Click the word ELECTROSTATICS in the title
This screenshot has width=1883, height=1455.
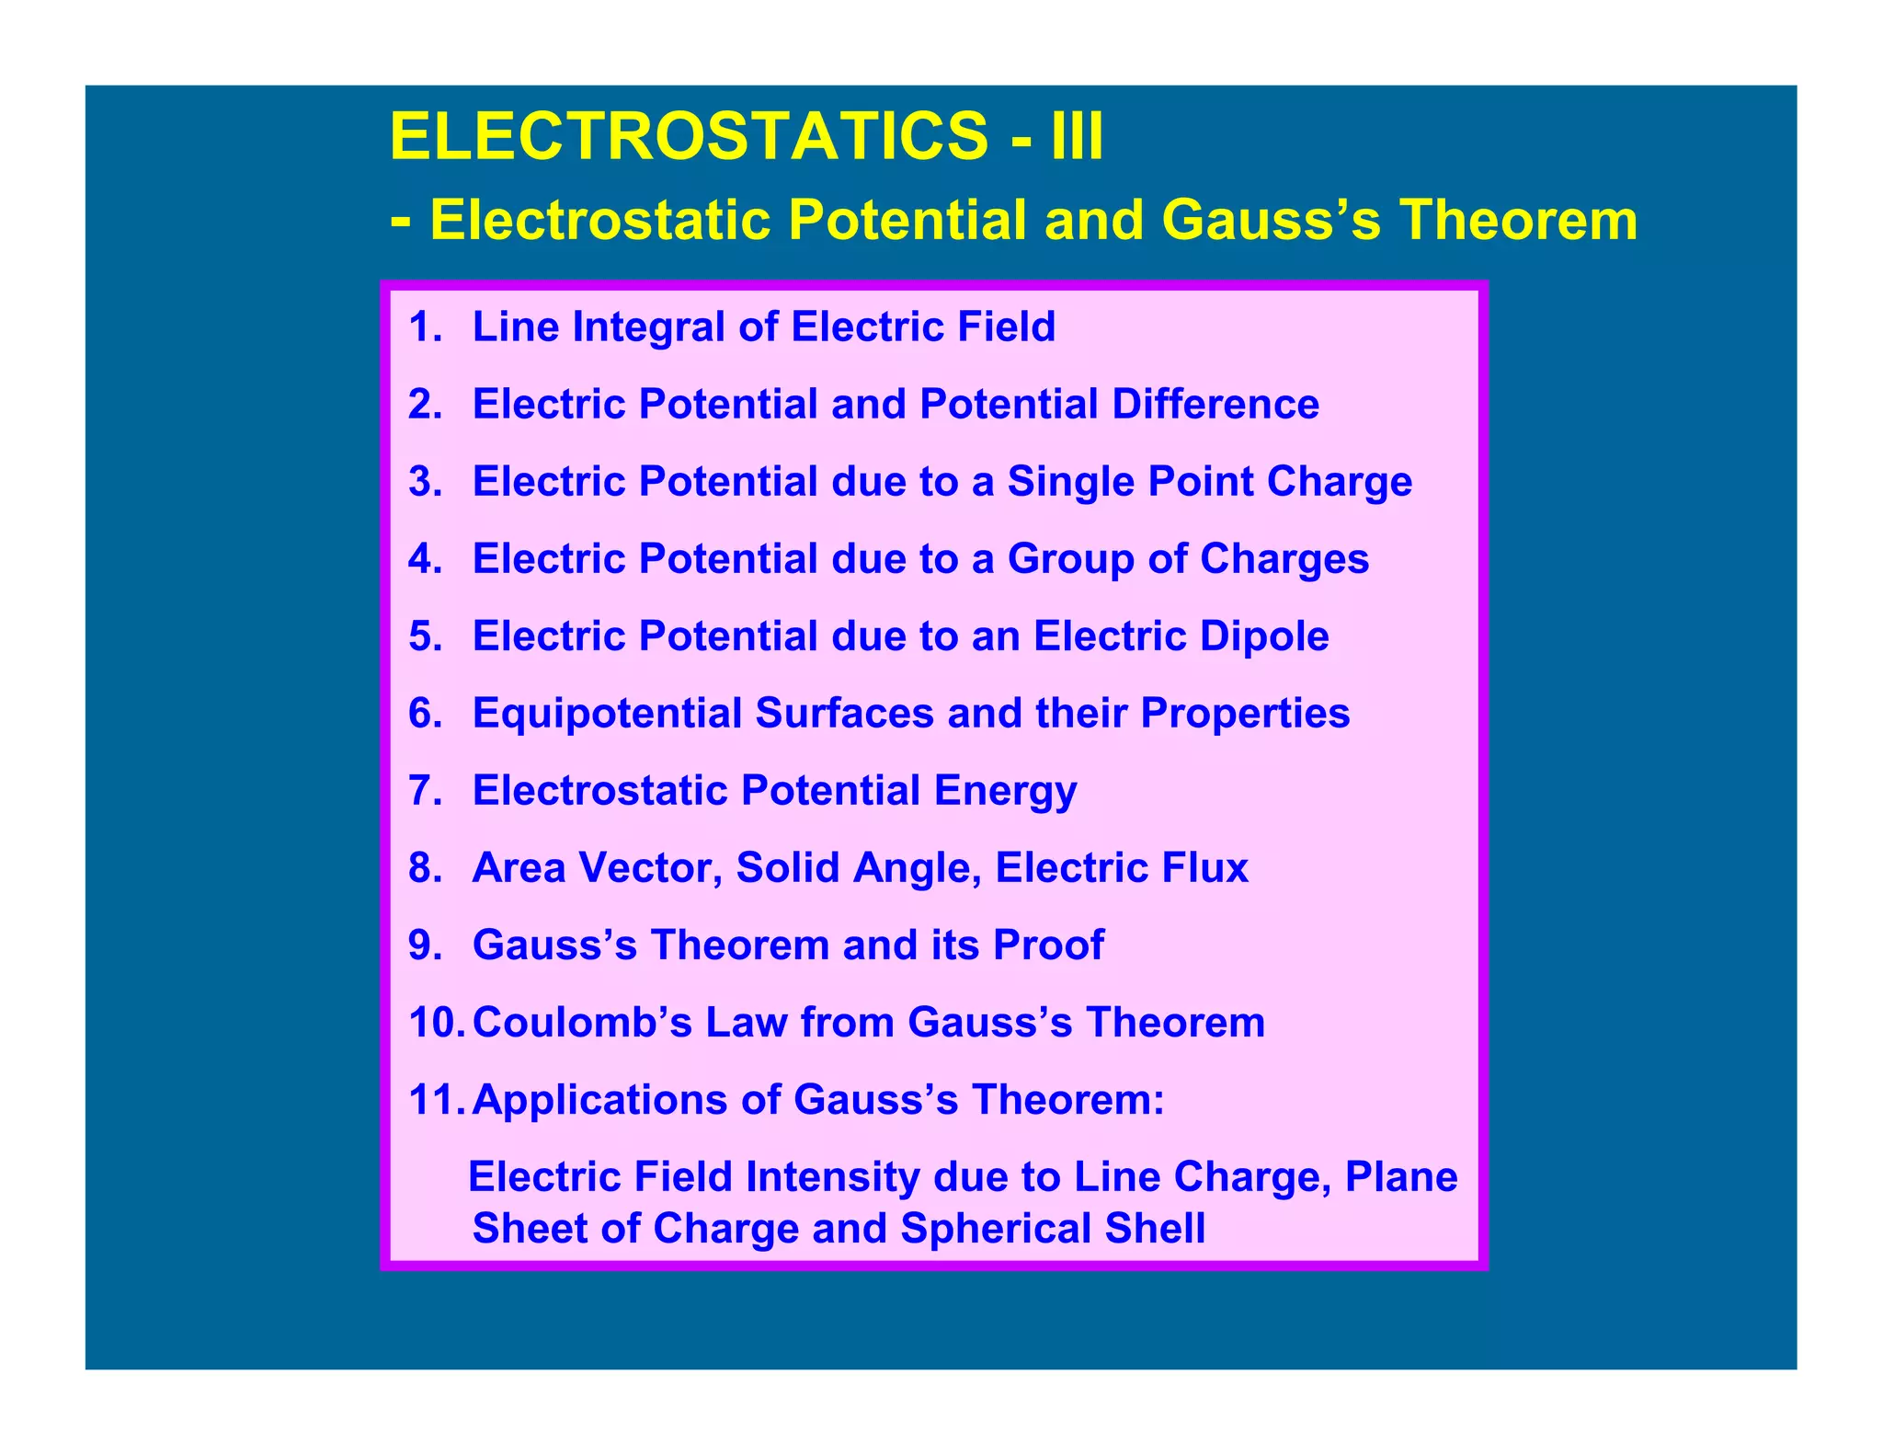[689, 136]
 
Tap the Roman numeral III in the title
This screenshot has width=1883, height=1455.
[1075, 136]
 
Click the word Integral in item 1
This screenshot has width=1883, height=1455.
[649, 327]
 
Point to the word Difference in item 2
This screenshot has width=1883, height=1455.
[1215, 405]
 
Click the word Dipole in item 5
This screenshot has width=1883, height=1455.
[1272, 636]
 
